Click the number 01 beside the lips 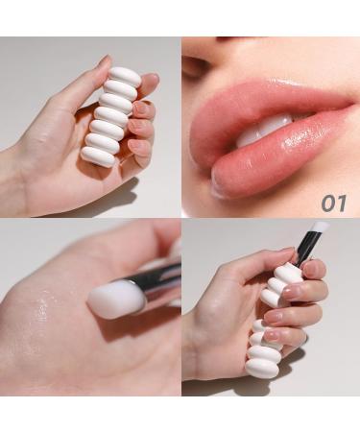334,203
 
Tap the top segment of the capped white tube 125,75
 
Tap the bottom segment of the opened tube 260,367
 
